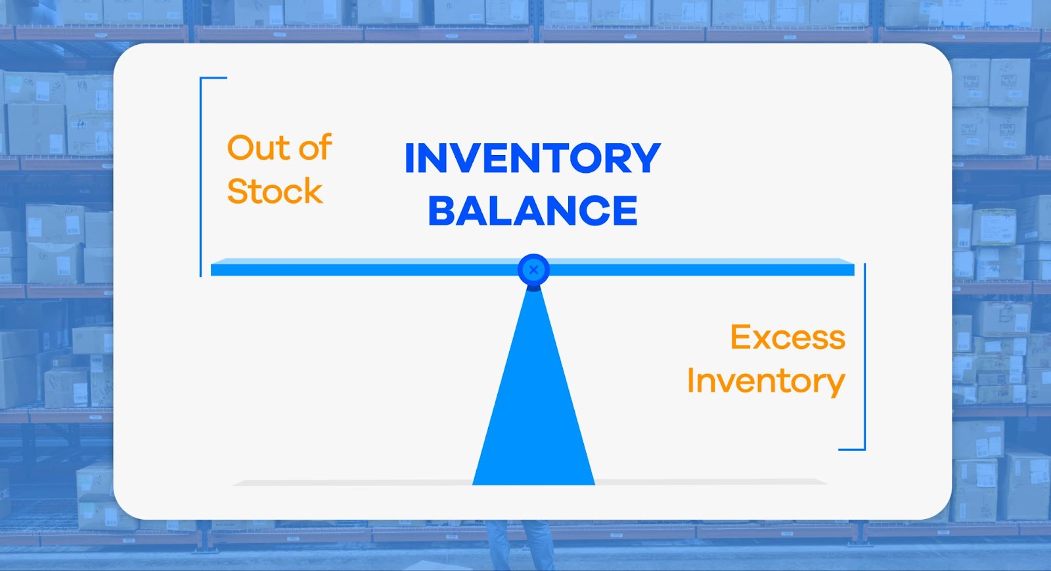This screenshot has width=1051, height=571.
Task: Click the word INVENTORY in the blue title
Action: (533, 158)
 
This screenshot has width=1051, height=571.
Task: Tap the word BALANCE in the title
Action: (533, 211)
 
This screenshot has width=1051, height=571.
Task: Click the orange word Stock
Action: (275, 191)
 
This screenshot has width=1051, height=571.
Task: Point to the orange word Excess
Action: (788, 337)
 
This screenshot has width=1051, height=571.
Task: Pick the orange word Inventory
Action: (766, 381)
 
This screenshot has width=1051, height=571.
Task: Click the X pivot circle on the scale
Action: (533, 270)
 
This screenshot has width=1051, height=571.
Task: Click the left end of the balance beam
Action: (212, 269)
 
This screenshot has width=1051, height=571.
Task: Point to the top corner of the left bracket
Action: (201, 78)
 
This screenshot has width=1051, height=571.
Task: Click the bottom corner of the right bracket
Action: (864, 449)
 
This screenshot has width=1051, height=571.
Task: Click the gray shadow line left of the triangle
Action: (353, 482)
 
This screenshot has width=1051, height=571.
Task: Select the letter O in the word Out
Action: (240, 148)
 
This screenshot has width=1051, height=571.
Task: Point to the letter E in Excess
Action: (740, 337)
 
